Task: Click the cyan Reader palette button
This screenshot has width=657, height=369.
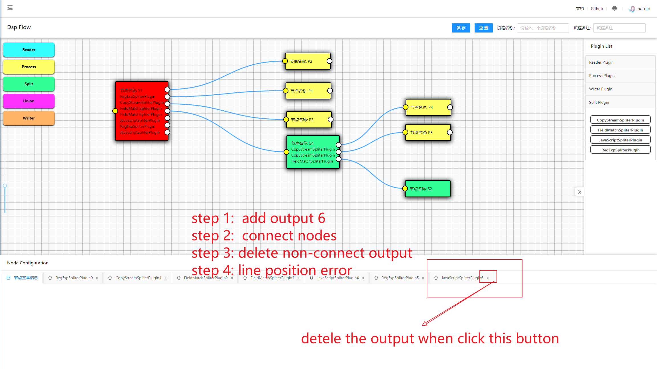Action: pyautogui.click(x=29, y=50)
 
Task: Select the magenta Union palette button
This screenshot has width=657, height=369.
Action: pyautogui.click(x=29, y=101)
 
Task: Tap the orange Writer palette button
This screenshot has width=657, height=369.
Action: pyautogui.click(x=29, y=118)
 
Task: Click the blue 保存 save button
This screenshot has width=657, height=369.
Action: pyautogui.click(x=461, y=28)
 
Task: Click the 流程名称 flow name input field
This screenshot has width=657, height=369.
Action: pyautogui.click(x=543, y=28)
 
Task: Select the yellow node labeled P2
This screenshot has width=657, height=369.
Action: pyautogui.click(x=307, y=61)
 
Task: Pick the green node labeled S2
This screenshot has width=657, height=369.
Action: pyautogui.click(x=428, y=189)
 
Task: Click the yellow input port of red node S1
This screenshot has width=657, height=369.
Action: pyautogui.click(x=115, y=111)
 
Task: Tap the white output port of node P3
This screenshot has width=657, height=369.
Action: pyautogui.click(x=330, y=119)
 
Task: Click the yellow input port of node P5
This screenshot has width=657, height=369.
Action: pyautogui.click(x=405, y=132)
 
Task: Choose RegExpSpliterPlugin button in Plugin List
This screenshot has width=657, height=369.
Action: pyautogui.click(x=620, y=150)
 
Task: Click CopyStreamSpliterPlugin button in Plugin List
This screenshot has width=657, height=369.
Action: pyautogui.click(x=620, y=120)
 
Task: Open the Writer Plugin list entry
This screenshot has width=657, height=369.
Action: pyautogui.click(x=601, y=89)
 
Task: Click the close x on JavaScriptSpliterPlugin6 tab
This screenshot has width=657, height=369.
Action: pyautogui.click(x=488, y=278)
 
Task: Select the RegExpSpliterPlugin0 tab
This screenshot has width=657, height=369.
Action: pyautogui.click(x=74, y=278)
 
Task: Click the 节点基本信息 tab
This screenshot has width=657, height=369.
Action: pyautogui.click(x=26, y=278)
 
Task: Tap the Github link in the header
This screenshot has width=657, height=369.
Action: pyautogui.click(x=597, y=9)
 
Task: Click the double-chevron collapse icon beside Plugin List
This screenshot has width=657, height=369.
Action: pyautogui.click(x=579, y=192)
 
